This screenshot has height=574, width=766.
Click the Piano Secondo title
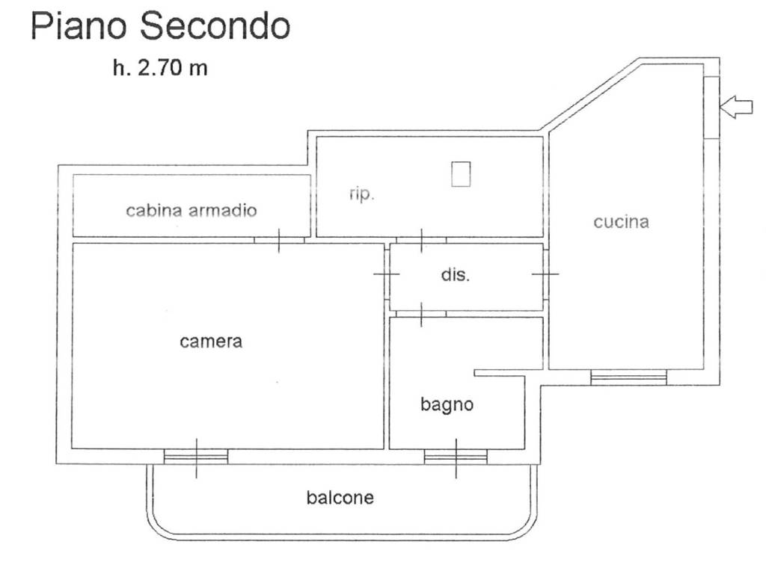[x=160, y=26]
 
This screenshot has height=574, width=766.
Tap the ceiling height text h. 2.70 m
[x=160, y=68]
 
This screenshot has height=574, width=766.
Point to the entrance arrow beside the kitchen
[x=736, y=107]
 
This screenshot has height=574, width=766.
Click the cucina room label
[x=621, y=222]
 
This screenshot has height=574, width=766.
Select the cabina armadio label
[x=191, y=210]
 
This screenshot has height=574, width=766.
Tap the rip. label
[x=361, y=194]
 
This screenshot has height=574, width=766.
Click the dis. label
[x=456, y=275]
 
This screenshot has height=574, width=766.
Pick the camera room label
[x=210, y=341]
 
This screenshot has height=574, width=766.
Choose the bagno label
[x=447, y=404]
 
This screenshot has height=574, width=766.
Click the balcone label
[x=340, y=498]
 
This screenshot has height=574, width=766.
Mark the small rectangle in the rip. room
[x=461, y=174]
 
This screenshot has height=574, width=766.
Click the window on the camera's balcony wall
[x=196, y=457]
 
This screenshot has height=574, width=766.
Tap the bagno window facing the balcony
[x=456, y=457]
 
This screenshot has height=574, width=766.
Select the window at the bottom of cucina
[x=628, y=377]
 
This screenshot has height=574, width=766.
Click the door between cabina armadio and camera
[x=279, y=240]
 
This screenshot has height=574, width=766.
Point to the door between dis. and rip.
[x=421, y=240]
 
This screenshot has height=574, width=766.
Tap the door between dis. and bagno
[x=421, y=314]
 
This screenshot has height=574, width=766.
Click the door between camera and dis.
[x=387, y=274]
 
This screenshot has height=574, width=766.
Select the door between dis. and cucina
[x=545, y=274]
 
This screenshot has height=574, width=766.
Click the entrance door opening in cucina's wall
[x=712, y=107]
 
